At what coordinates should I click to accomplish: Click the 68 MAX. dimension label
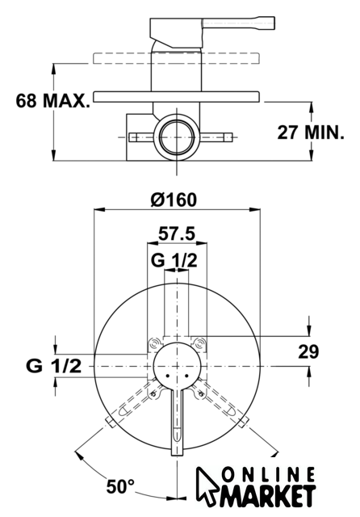(52, 100)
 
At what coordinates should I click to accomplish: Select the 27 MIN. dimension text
(311, 132)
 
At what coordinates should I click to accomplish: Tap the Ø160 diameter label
(174, 200)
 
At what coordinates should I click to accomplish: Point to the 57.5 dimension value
(177, 233)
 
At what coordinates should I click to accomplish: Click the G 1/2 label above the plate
(174, 260)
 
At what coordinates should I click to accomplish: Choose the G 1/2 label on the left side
(53, 366)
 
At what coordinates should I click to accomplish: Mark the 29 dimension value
(308, 351)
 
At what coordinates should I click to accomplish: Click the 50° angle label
(120, 486)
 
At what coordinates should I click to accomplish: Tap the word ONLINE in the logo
(268, 475)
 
